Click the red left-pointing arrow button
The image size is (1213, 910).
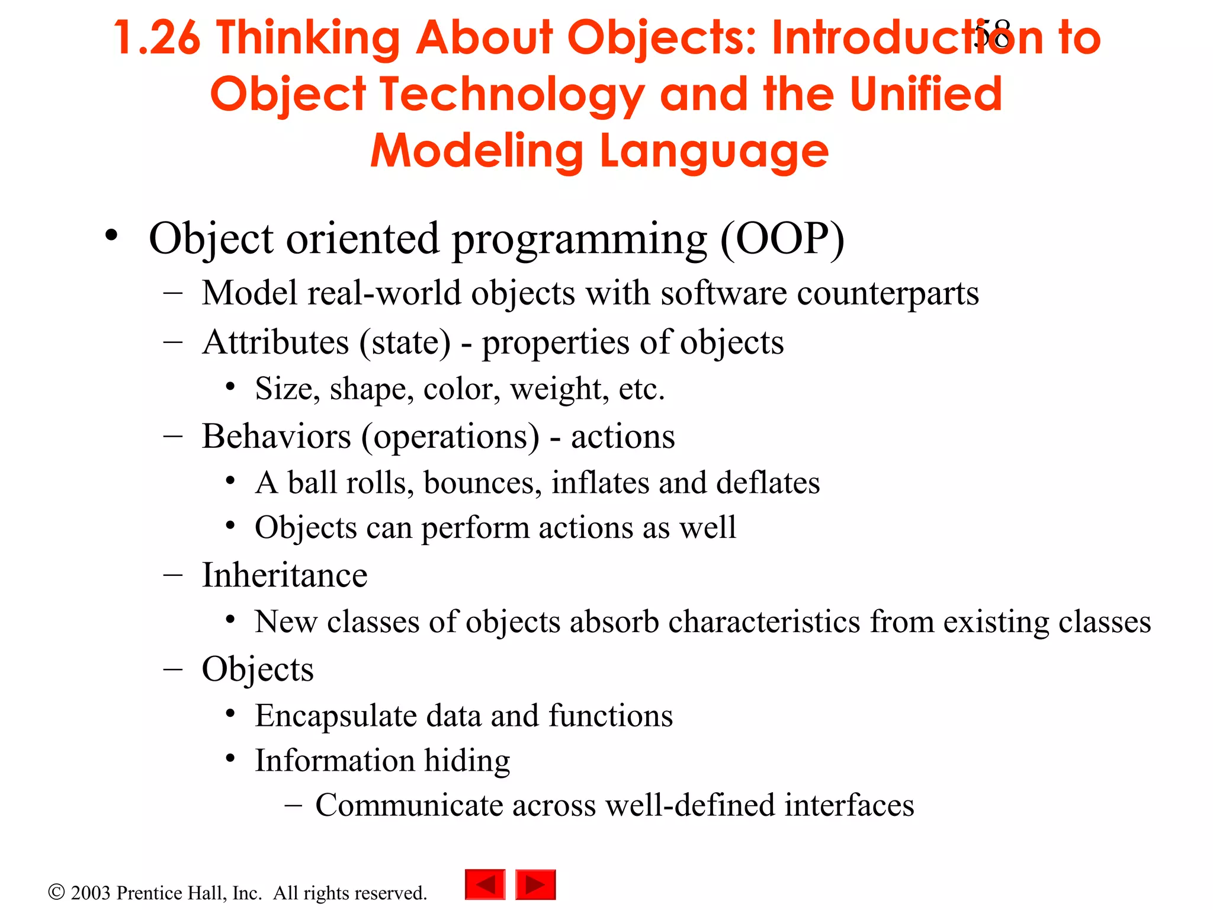click(x=485, y=885)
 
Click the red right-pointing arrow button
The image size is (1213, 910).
click(x=535, y=885)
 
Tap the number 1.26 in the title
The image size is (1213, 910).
click(x=157, y=39)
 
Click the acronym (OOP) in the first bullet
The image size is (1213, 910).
click(x=782, y=239)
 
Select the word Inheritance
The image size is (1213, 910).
click(x=284, y=575)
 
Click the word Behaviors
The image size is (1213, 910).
click(x=276, y=437)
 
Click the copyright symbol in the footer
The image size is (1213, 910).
click(x=56, y=892)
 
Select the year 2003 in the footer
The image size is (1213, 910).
click(x=90, y=893)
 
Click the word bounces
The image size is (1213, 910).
click(x=482, y=483)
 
